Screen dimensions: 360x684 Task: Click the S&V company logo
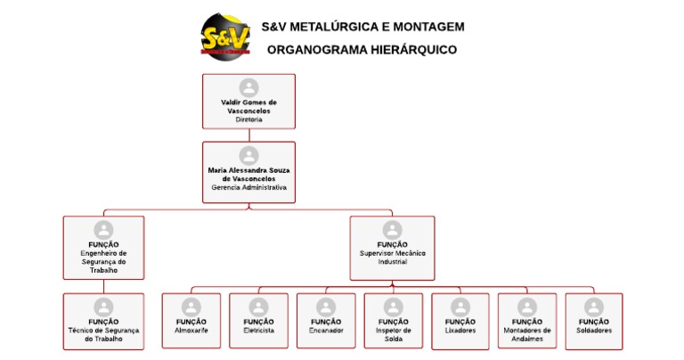tap(225, 36)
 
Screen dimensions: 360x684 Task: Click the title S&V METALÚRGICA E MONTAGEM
tap(362, 27)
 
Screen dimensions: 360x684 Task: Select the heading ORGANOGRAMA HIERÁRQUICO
tap(362, 50)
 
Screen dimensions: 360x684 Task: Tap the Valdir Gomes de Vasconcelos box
tap(248, 101)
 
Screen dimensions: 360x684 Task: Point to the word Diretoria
tap(248, 119)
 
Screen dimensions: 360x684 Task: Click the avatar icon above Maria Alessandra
tap(248, 155)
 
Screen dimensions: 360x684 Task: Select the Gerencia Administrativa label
tap(248, 188)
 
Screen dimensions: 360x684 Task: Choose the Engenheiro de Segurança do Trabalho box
tap(103, 248)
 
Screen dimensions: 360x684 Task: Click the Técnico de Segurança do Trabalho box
tap(103, 321)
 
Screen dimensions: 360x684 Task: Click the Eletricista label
tap(258, 331)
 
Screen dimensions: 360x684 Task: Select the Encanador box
tap(326, 320)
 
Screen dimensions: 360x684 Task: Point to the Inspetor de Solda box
tap(394, 320)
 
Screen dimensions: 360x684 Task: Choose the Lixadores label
tap(460, 331)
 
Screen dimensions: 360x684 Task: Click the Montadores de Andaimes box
tap(527, 320)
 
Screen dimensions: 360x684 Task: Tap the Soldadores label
tap(594, 331)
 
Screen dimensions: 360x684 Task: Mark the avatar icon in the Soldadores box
tap(594, 307)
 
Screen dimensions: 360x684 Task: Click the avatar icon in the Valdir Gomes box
tap(248, 87)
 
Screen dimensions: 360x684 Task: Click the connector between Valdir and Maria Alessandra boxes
tap(248, 135)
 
